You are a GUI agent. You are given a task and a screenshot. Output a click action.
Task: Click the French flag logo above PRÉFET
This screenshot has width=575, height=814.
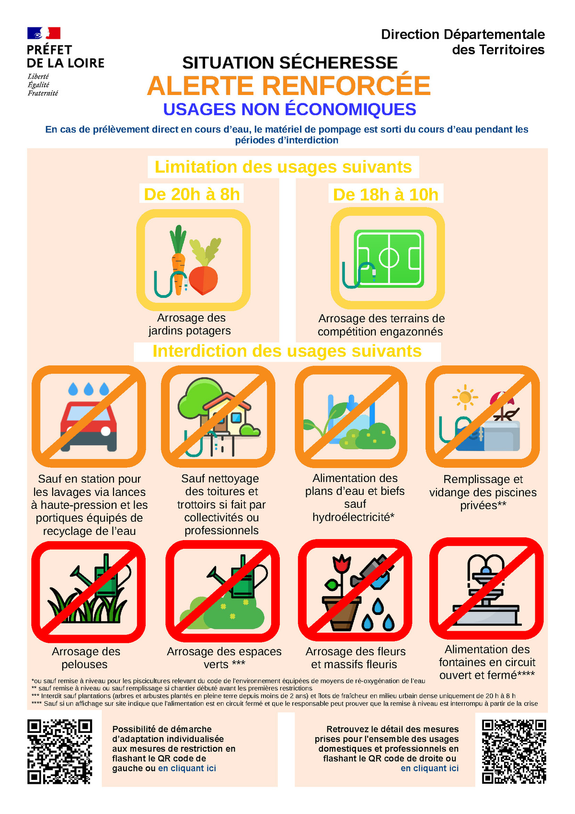click(44, 33)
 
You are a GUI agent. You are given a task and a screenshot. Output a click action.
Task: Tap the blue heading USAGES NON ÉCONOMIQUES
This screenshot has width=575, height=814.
click(289, 109)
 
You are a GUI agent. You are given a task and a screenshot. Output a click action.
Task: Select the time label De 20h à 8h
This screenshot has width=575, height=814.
click(192, 194)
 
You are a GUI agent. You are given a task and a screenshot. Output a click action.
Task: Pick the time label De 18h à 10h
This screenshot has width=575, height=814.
click(386, 195)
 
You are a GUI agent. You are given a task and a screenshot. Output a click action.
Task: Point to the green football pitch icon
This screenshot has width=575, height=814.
click(389, 259)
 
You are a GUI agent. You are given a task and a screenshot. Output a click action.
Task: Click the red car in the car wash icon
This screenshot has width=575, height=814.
click(89, 426)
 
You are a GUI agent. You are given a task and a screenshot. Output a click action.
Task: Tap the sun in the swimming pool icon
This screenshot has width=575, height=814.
click(465, 398)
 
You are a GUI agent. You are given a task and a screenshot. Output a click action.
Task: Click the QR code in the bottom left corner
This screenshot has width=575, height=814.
click(60, 752)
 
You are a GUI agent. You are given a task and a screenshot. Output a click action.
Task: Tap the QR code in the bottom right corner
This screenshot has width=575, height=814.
click(514, 752)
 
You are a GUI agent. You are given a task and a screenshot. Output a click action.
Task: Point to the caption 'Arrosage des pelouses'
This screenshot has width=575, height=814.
click(86, 658)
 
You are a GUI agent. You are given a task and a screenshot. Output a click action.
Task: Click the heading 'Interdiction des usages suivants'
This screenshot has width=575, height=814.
click(287, 351)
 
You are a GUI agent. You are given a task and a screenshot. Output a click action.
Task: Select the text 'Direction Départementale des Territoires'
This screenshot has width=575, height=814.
click(463, 42)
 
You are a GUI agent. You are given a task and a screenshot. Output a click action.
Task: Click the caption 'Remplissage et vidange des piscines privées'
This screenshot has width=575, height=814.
click(483, 493)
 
